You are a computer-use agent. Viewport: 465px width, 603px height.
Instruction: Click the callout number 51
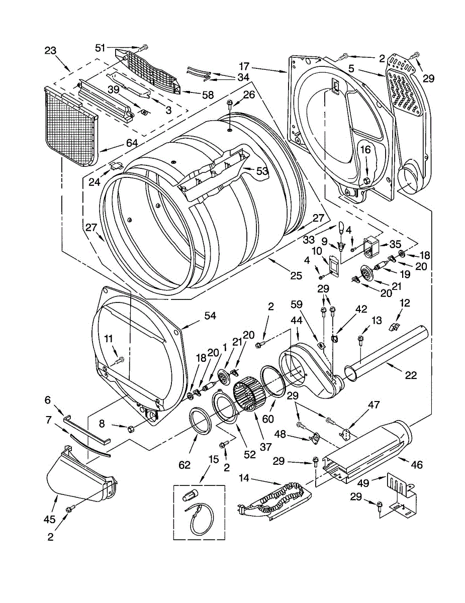pyautogui.click(x=100, y=48)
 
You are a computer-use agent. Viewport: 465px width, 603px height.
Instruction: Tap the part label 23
pyautogui.click(x=50, y=51)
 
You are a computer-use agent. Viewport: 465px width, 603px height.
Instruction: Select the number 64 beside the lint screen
pyautogui.click(x=132, y=143)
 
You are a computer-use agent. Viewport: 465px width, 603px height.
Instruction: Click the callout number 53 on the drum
pyautogui.click(x=262, y=171)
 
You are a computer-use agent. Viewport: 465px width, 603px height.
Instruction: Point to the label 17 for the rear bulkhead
pyautogui.click(x=244, y=67)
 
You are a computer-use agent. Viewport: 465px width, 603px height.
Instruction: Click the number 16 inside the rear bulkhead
pyautogui.click(x=365, y=150)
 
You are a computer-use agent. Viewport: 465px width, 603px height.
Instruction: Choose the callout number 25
pyautogui.click(x=296, y=275)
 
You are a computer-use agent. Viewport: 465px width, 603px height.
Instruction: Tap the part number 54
pyautogui.click(x=210, y=316)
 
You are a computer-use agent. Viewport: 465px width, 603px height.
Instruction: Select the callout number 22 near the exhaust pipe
pyautogui.click(x=411, y=375)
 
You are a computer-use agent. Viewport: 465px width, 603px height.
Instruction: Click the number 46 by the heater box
pyautogui.click(x=416, y=464)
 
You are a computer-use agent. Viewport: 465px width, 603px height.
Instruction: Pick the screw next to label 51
pyautogui.click(x=143, y=48)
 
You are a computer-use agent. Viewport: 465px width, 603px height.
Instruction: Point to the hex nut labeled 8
pyautogui.click(x=131, y=429)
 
